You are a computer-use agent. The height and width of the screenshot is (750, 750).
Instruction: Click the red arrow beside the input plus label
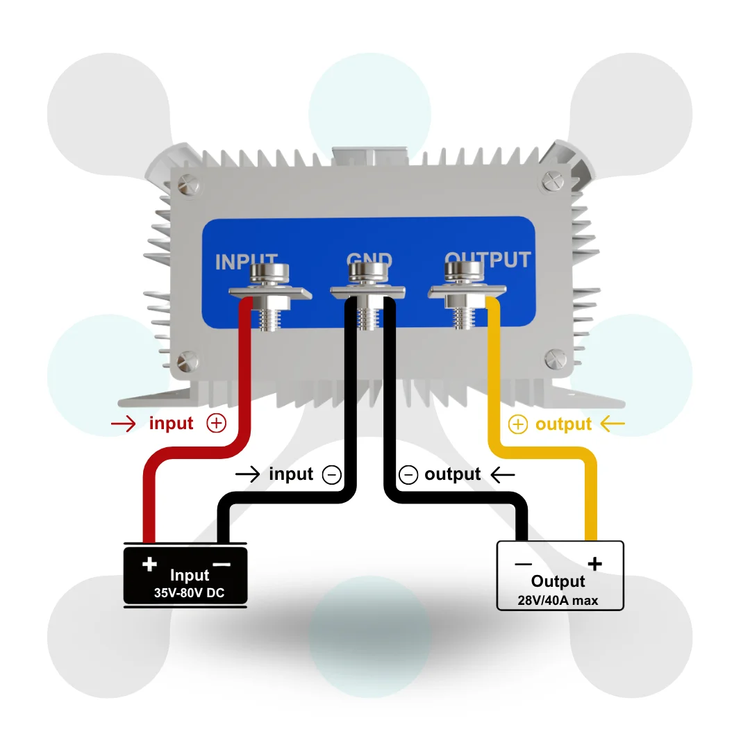tap(124, 424)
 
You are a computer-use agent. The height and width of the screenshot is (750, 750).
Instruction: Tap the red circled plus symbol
tap(216, 424)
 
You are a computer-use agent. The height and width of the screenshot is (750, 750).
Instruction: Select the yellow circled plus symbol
tap(517, 424)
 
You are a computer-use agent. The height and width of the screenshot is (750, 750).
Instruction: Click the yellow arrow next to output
tap(612, 424)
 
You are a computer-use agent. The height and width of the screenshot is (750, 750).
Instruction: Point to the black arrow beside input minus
tap(248, 474)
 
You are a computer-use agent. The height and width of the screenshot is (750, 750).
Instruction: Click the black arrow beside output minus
tap(503, 475)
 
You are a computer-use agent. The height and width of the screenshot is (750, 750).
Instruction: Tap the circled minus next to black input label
tap(331, 475)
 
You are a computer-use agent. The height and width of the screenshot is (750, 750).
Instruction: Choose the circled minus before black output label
tap(408, 475)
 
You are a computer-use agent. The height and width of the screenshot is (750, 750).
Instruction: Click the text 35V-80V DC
tap(189, 593)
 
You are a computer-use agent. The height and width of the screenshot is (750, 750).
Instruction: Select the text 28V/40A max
tap(558, 600)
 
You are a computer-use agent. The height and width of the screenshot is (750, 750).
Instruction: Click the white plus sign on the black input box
tap(150, 564)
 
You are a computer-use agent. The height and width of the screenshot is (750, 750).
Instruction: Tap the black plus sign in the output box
tap(595, 564)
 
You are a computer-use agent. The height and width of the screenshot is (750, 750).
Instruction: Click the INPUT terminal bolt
tap(270, 297)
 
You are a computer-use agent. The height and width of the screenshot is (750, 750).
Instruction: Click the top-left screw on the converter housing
tap(188, 185)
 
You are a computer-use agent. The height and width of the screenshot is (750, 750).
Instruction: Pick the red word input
tap(172, 424)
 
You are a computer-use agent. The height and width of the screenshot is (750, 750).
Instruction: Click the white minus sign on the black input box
tap(222, 565)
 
